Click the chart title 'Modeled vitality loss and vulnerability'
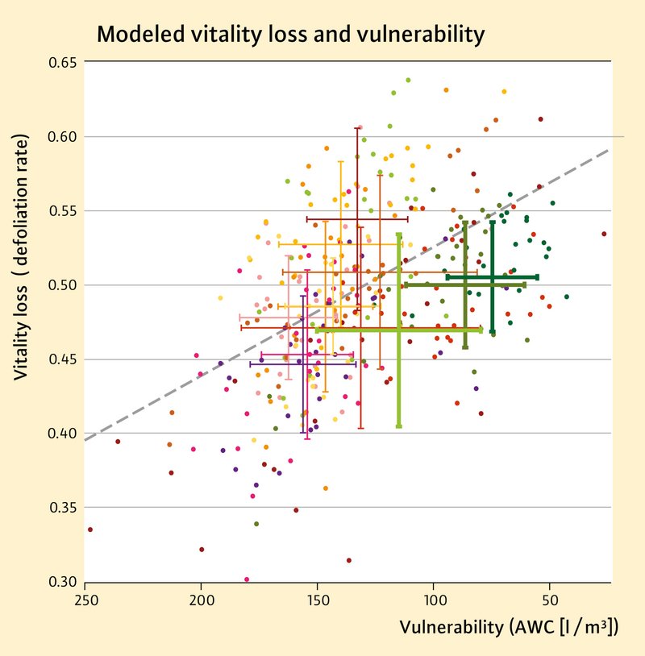click(x=290, y=35)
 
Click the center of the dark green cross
click(x=492, y=277)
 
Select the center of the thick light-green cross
click(x=399, y=330)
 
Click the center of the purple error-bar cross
click(x=304, y=364)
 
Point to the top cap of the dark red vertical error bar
click(x=357, y=128)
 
